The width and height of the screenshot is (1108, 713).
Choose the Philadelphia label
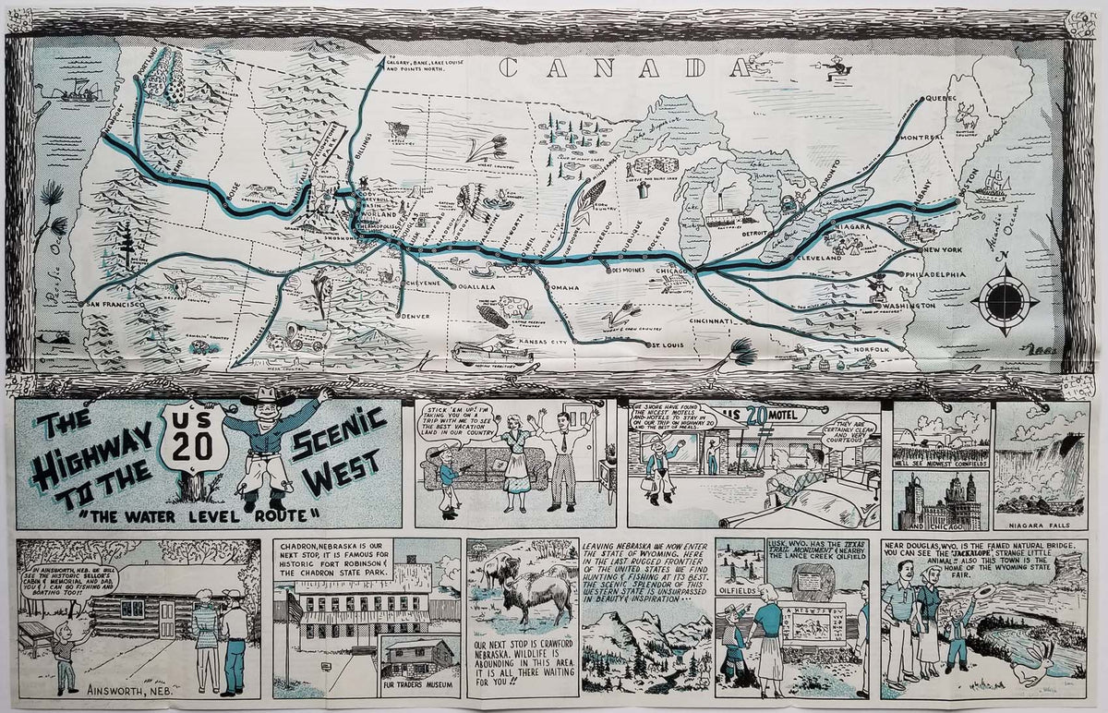coord(935,274)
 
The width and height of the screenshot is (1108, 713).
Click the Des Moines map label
coord(632,271)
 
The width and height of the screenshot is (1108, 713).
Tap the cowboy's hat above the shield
coord(267,399)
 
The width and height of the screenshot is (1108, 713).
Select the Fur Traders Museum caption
coord(418,684)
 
